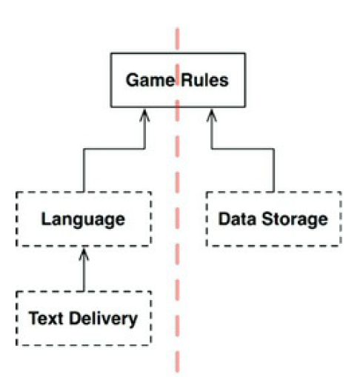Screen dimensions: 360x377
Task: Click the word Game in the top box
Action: point(150,80)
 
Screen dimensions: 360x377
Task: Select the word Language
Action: point(83,219)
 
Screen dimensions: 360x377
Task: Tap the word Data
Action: point(237,219)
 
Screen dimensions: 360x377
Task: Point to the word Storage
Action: point(295,219)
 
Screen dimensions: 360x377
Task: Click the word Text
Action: point(46,318)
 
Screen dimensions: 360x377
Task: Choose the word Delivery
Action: point(103,319)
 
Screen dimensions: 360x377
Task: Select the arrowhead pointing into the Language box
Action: point(84,254)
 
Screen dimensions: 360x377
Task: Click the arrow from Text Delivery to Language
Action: point(84,270)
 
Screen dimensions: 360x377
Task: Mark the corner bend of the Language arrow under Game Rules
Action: point(144,149)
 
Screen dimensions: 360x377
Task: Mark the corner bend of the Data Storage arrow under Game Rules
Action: point(212,149)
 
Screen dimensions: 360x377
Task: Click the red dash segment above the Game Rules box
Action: point(177,39)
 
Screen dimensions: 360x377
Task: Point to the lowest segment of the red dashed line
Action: point(177,361)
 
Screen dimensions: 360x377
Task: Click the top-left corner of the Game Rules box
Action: point(111,53)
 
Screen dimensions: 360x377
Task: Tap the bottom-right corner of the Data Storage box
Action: point(341,246)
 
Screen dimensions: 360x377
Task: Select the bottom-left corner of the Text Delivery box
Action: point(17,345)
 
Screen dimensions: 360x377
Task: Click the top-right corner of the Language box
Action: point(150,193)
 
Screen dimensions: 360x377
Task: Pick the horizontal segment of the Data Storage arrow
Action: point(243,149)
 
